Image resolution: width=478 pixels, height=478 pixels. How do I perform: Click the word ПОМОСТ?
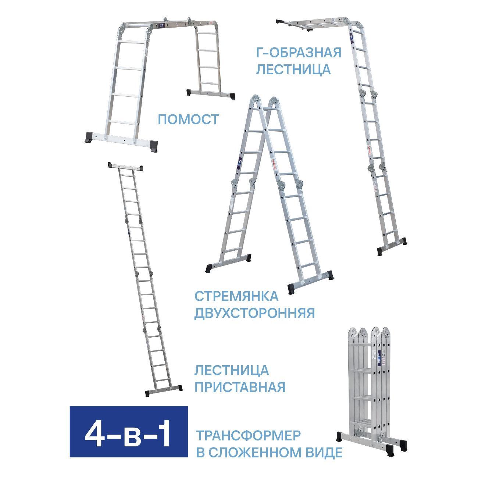[188, 119]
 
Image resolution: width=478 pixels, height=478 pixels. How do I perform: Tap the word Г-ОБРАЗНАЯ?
[298, 53]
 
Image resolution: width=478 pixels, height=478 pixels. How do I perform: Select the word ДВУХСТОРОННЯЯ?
[254, 313]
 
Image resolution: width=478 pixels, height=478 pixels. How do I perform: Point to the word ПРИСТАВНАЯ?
[240, 387]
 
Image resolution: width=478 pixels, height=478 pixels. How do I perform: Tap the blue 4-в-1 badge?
[129, 436]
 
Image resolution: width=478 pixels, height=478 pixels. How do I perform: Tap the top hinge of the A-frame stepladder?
[264, 101]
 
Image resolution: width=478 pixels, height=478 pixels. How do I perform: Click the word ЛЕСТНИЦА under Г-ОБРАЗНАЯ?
[293, 69]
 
